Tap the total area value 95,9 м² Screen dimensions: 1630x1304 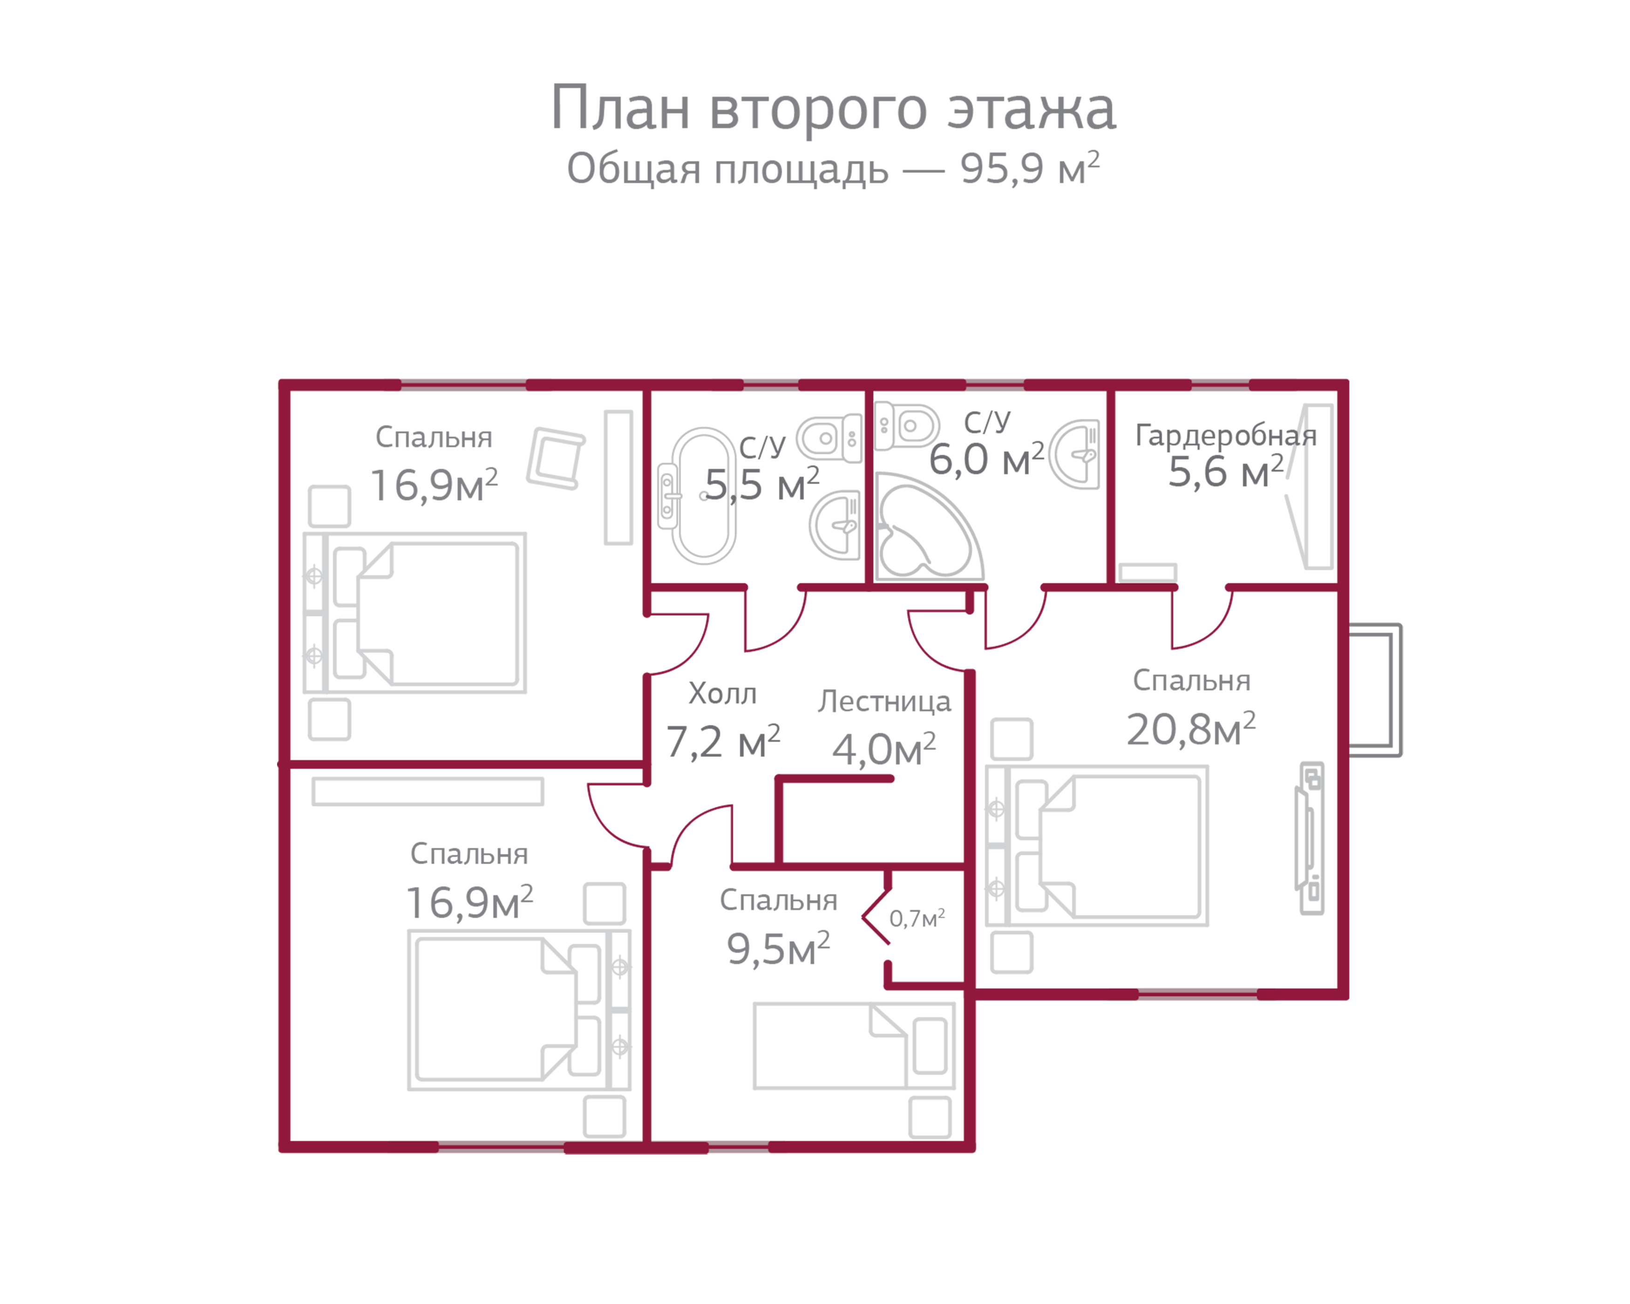coord(1030,168)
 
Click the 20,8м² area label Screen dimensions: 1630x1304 coord(1191,729)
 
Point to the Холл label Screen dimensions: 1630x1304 coord(722,693)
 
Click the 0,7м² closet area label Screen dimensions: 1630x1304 coord(917,918)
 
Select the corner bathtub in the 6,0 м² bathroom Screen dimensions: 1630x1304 coord(929,527)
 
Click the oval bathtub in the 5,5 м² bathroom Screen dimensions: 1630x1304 coord(704,496)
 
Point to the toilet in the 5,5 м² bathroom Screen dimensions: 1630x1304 coord(829,438)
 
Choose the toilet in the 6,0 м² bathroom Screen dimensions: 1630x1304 coord(906,426)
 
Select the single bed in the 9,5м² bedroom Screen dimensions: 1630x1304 coord(854,1046)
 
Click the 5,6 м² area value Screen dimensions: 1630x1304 coord(1225,472)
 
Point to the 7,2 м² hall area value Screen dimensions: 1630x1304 coord(723,741)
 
